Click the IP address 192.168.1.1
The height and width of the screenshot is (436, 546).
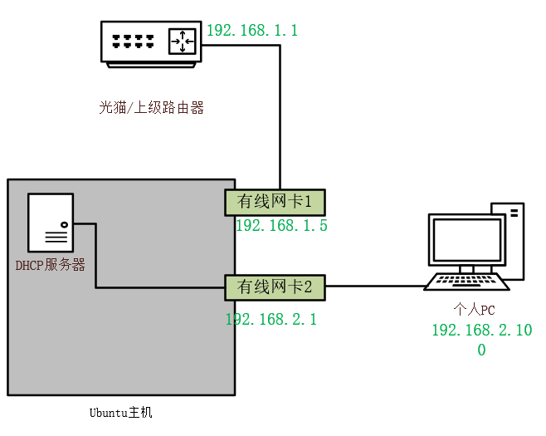(x=251, y=31)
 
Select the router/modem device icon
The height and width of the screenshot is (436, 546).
(x=150, y=42)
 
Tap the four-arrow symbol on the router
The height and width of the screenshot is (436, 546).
(x=182, y=41)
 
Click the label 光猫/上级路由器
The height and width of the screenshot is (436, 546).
(x=151, y=107)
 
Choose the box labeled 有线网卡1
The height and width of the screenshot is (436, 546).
(x=275, y=202)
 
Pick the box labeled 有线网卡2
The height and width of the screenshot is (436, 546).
(x=275, y=287)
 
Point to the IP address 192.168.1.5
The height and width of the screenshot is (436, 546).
(x=281, y=226)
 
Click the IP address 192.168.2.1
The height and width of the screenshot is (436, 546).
(x=271, y=319)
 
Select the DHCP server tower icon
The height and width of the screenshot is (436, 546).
(x=51, y=222)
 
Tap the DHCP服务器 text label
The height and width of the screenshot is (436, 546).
(x=51, y=265)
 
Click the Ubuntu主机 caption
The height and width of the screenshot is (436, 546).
(x=121, y=412)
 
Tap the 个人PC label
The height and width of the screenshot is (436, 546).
(x=474, y=310)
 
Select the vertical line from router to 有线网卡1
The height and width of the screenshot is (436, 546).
(x=280, y=116)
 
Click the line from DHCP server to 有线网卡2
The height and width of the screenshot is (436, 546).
(x=96, y=257)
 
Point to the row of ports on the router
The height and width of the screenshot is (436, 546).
(x=134, y=39)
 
